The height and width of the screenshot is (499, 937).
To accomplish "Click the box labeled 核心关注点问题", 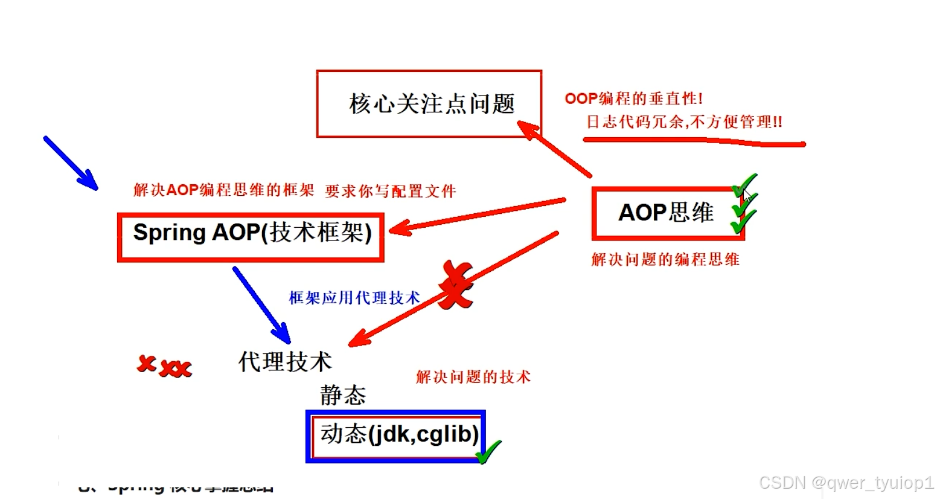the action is point(429,103).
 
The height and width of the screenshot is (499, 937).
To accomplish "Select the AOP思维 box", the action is point(667,213).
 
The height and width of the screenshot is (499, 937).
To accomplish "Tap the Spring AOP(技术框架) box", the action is point(251,237).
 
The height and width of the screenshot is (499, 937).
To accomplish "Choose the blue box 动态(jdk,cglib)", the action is point(395,436).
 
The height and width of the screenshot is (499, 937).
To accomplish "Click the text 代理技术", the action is point(285,361).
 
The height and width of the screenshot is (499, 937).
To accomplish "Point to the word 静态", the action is point(343,395).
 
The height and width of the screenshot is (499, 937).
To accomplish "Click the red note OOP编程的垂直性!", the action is point(633,98).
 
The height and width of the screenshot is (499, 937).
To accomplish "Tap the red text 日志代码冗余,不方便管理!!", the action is point(684,122).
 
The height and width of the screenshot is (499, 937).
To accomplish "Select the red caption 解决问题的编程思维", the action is point(665,260).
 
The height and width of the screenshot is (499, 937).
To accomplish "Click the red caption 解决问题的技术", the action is point(473,377).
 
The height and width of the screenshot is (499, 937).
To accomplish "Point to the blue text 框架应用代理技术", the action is point(354,297).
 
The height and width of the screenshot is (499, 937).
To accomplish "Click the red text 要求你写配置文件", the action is point(391,192).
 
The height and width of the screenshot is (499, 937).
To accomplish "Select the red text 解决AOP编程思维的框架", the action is point(224,190).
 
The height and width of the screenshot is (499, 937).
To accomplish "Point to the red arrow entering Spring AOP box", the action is point(477,214).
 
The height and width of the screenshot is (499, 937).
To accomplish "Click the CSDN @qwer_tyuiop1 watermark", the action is point(846,483).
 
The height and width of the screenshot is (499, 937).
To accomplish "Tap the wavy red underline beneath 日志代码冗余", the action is point(694,141).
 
